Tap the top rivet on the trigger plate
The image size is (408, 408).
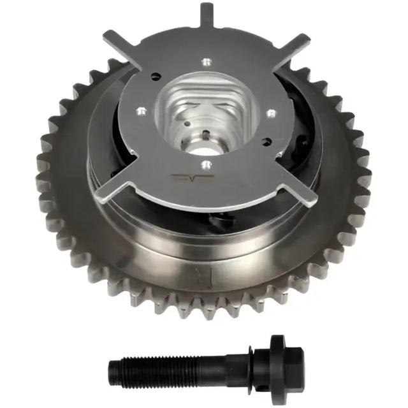205,62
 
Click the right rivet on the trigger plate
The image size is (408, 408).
272,113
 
